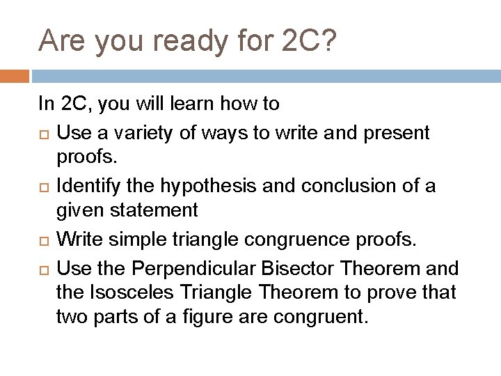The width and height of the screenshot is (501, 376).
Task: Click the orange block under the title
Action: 15,75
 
